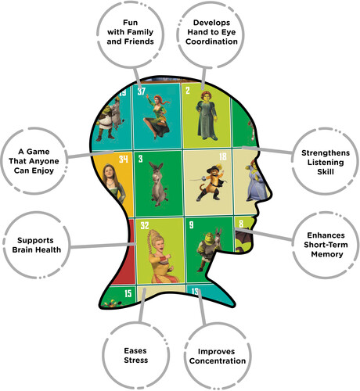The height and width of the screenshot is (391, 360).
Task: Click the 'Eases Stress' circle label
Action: pyautogui.click(x=136, y=355)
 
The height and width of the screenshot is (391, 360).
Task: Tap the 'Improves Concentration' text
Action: pyautogui.click(x=218, y=356)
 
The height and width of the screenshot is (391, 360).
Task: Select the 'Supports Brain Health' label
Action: pyautogui.click(x=37, y=245)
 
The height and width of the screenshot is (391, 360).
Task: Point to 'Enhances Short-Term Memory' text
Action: pyautogui.click(x=326, y=245)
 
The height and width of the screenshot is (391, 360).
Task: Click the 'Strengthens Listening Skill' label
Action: pyautogui.click(x=326, y=162)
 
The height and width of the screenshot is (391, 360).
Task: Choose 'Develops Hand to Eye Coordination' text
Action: pyautogui.click(x=211, y=32)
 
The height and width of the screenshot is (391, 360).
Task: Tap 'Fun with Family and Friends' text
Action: pyautogui.click(x=130, y=32)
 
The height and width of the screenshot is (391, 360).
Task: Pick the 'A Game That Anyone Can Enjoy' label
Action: pyautogui.click(x=34, y=161)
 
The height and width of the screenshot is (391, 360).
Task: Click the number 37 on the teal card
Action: pyautogui.click(x=142, y=91)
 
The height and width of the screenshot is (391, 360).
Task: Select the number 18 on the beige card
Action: pyautogui.click(x=223, y=156)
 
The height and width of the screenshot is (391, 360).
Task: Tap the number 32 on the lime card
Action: pyautogui.click(x=145, y=225)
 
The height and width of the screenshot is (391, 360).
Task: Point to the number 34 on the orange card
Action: pyautogui.click(x=124, y=159)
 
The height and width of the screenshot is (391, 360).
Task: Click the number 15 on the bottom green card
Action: pyautogui.click(x=128, y=293)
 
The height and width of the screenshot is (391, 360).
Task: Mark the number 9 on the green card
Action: pyautogui.click(x=192, y=224)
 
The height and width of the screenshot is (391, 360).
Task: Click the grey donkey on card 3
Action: pyautogui.click(x=158, y=184)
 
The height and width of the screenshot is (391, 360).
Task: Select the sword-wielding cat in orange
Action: pyautogui.click(x=210, y=182)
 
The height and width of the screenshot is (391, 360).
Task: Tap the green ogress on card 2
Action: pyautogui.click(x=207, y=116)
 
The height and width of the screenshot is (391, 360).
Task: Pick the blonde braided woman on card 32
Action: pyautogui.click(x=160, y=256)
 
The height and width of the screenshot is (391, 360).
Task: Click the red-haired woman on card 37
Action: pyautogui.click(x=157, y=117)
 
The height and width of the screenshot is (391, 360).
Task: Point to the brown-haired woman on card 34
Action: pyautogui.click(x=114, y=182)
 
